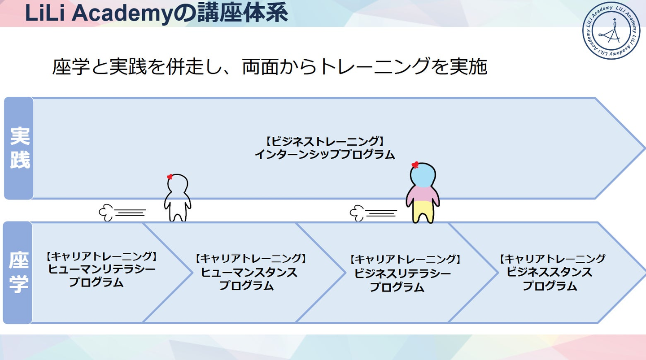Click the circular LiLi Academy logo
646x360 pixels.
coord(611,30)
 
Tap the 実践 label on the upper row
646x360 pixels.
coord(20,148)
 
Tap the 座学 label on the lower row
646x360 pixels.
coord(19,273)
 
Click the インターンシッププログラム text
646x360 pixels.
coord(324,155)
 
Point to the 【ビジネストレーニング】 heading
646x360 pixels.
coord(324,141)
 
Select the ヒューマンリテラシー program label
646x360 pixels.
coord(101,269)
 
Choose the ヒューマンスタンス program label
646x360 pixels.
coord(249,273)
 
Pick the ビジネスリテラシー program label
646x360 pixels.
coord(402,273)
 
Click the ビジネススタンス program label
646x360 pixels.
coord(549,272)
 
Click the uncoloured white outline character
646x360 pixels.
coord(177,198)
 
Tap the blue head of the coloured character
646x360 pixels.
coord(423,175)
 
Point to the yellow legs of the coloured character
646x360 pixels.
coord(423,212)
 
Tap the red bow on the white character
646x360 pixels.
coord(170,177)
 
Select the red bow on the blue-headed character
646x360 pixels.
coord(415,165)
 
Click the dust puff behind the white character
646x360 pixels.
coord(106,213)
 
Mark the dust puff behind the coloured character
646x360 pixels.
coord(357,213)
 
